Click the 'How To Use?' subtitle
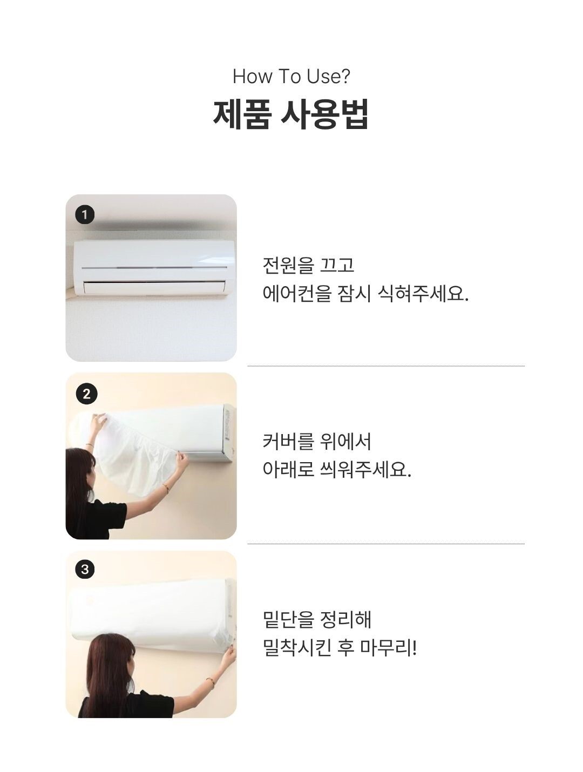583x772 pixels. coord(291,77)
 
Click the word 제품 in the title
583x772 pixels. coord(241,114)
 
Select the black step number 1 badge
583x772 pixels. coord(85,215)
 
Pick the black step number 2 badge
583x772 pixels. coord(86,394)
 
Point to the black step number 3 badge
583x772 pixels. coord(85,569)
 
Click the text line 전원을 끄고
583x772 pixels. coord(308,265)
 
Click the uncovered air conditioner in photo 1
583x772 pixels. coord(154,267)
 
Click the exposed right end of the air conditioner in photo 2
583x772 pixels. coord(228,432)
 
